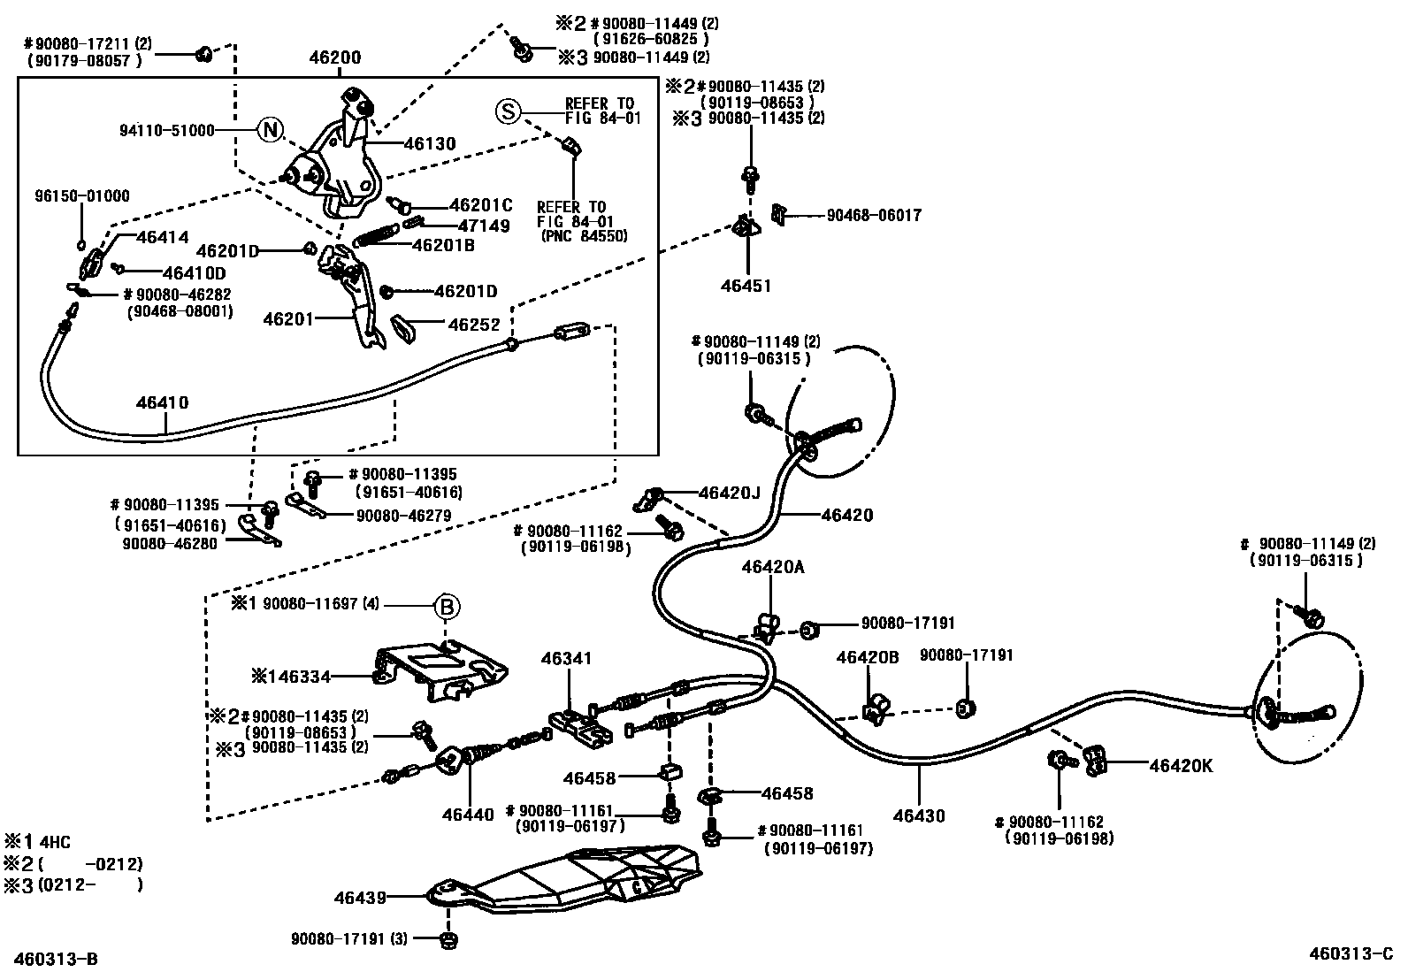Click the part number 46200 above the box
click(x=335, y=58)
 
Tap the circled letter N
click(x=271, y=131)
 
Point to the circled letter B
click(x=447, y=607)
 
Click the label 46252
click(x=474, y=325)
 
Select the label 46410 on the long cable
click(x=162, y=402)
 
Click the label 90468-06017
click(x=874, y=215)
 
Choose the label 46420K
click(x=1181, y=766)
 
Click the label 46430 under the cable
click(x=919, y=815)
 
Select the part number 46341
click(x=566, y=659)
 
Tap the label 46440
click(x=469, y=815)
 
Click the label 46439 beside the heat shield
click(x=360, y=898)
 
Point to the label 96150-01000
click(x=82, y=196)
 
